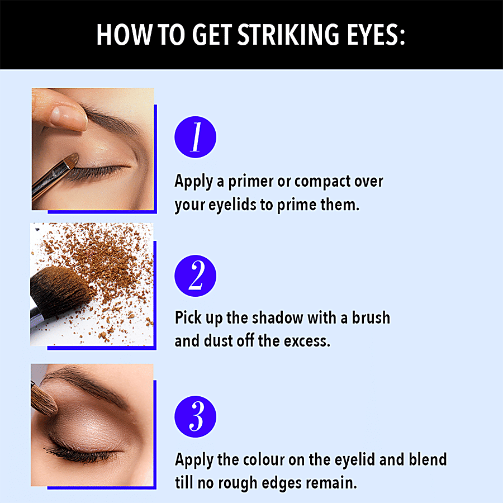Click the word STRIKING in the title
[288, 34]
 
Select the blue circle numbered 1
[196, 137]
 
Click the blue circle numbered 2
[196, 276]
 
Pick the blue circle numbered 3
[196, 416]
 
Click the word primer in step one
[250, 182]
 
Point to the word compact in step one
[322, 182]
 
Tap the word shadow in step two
[277, 317]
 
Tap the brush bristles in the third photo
[44, 400]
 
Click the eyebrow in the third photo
[88, 383]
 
